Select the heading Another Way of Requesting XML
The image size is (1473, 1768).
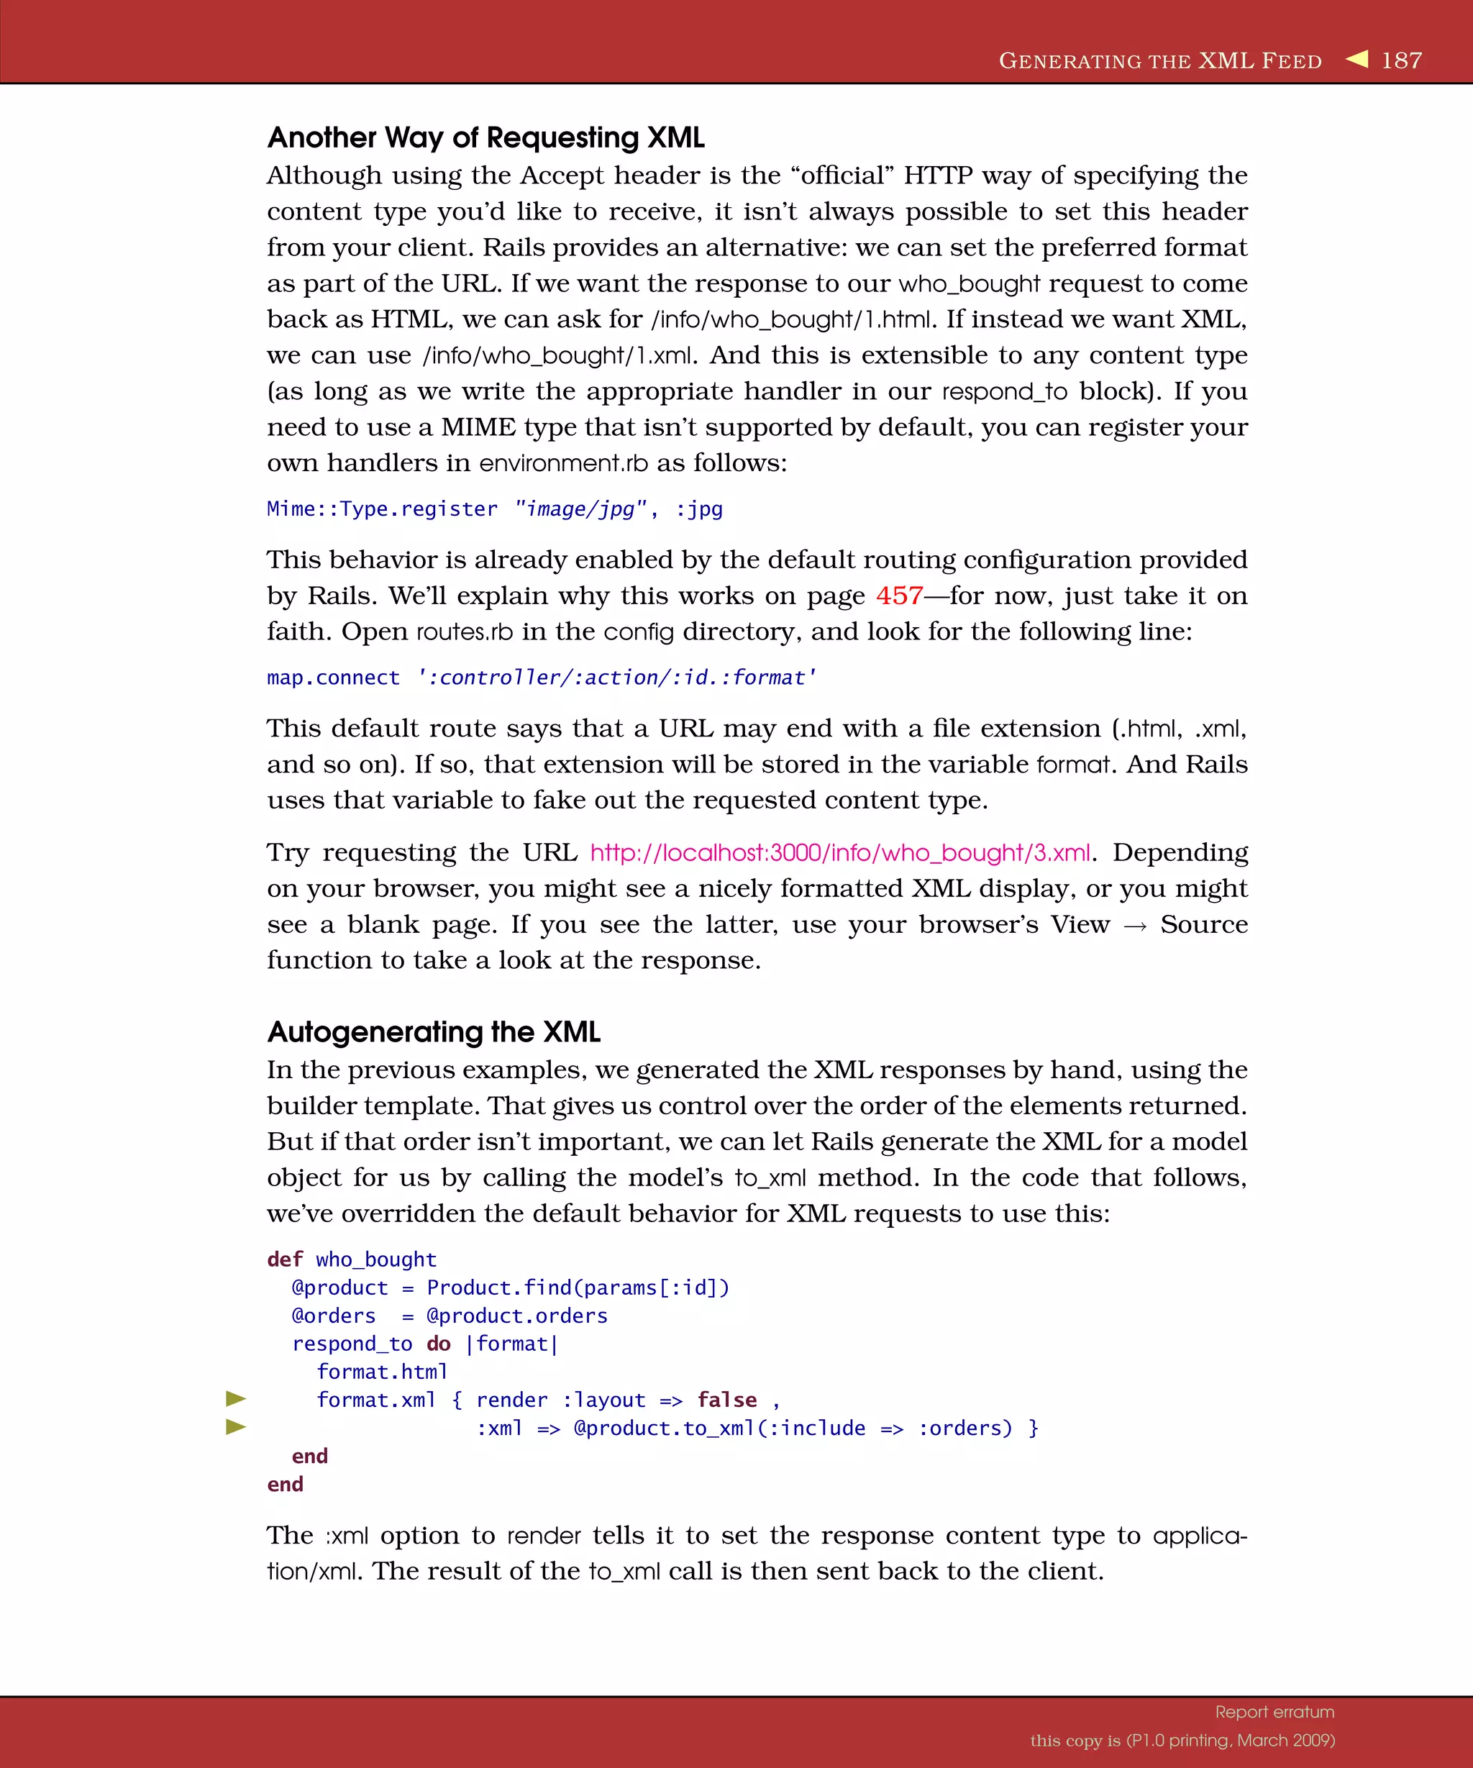click(485, 137)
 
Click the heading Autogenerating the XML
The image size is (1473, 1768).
click(434, 1031)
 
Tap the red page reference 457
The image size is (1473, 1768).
click(899, 596)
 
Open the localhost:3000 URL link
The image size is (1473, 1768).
click(840, 853)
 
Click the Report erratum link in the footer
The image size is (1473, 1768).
click(1274, 1712)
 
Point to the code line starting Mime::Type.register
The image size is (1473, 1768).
click(494, 509)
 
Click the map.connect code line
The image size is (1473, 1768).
click(541, 678)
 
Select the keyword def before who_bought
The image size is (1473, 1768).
click(285, 1259)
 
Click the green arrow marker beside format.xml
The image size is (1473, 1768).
click(237, 1398)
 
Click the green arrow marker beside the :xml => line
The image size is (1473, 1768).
click(237, 1426)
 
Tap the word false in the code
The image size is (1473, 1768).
click(726, 1400)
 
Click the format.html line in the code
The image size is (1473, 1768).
click(381, 1372)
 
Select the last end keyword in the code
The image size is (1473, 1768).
click(285, 1485)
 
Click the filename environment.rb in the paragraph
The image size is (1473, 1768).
click(563, 463)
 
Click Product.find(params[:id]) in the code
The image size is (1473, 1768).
click(578, 1288)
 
